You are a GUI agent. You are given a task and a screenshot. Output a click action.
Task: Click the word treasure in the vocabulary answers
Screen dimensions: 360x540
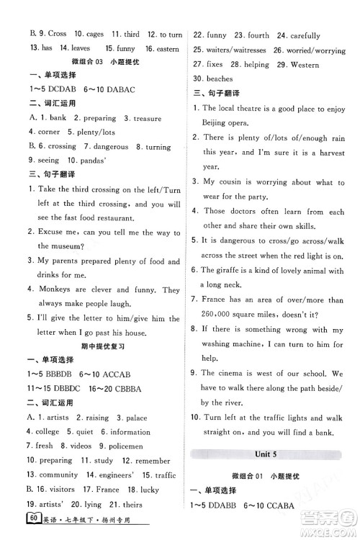point(142,119)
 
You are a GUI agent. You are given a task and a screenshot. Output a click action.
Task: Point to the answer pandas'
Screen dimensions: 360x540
point(91,160)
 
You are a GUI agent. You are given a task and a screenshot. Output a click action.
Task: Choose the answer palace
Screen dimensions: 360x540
point(136,418)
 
